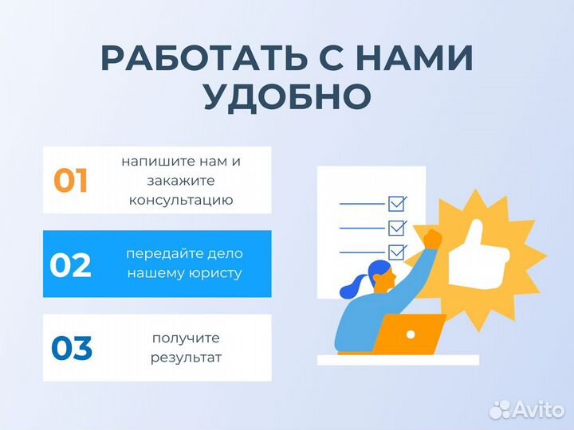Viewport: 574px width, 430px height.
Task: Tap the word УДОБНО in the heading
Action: tap(287, 96)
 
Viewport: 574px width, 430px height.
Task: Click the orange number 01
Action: tap(71, 181)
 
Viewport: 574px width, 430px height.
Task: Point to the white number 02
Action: tap(71, 265)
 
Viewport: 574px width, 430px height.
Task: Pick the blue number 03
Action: tap(72, 348)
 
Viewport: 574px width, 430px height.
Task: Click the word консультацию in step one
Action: tap(181, 200)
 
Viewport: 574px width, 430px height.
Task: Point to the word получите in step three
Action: tap(186, 338)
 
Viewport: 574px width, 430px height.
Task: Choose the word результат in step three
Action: tap(186, 358)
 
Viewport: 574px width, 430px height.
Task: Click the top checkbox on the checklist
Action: tap(396, 202)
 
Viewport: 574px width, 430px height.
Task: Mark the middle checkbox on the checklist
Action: tap(396, 227)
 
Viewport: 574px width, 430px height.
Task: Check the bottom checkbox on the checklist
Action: tap(396, 252)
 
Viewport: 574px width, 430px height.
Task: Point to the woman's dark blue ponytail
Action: tap(352, 283)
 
